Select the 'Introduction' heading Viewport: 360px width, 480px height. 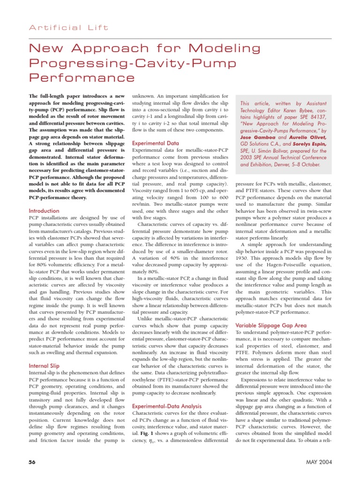(44, 211)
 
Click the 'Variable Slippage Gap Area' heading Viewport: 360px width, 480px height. (270, 325)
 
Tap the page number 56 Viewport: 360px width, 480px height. (32, 462)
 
